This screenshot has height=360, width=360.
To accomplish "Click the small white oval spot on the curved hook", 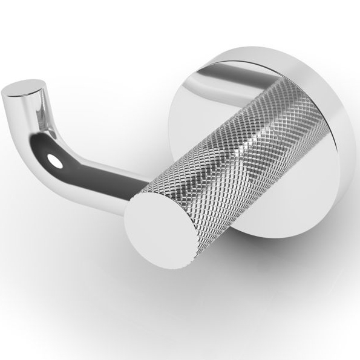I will tap(56, 162).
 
